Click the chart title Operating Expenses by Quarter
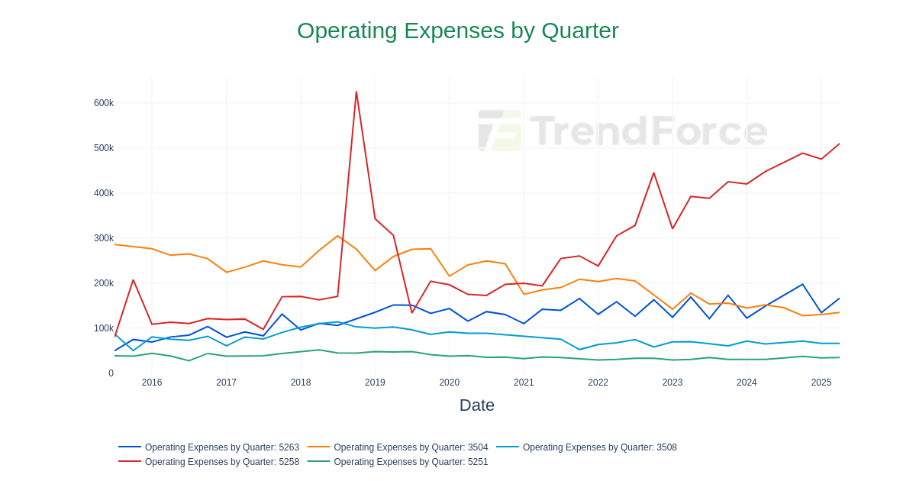pos(457,31)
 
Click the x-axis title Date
pos(476,405)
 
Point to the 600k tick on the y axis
pos(104,103)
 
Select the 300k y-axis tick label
pos(104,238)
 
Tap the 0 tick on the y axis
pos(111,373)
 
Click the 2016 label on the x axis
pos(152,383)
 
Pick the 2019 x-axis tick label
pos(375,383)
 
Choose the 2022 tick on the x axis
pos(598,383)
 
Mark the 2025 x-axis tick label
pos(821,383)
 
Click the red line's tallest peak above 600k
pos(356,92)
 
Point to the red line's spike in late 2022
pos(653,173)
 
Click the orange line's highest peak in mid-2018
pos(337,236)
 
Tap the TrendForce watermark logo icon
pos(500,130)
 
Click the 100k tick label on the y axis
pos(104,328)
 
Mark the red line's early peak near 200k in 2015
pos(133,280)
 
